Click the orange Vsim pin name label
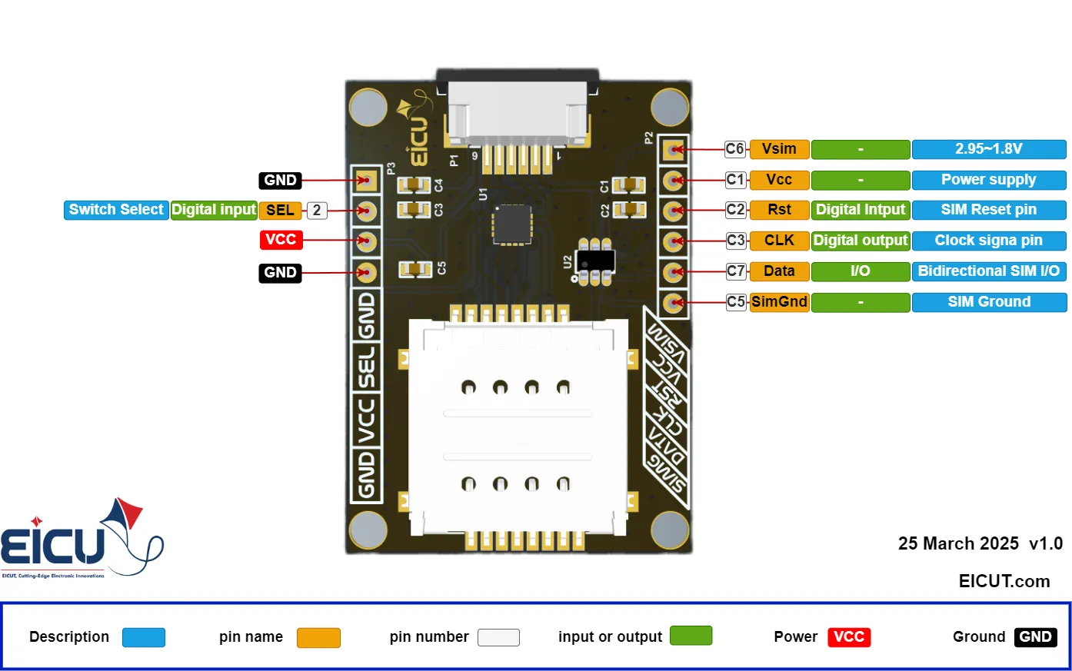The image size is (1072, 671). click(x=779, y=149)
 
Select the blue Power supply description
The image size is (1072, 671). click(x=989, y=180)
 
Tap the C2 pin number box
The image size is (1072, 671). click(x=736, y=210)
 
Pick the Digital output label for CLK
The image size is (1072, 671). click(x=861, y=241)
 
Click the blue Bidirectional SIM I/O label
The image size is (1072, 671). click(x=989, y=271)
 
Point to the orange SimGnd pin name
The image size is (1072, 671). click(x=779, y=302)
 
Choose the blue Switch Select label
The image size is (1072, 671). click(x=116, y=210)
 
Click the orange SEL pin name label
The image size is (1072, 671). click(x=280, y=211)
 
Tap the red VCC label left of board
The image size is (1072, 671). click(x=281, y=240)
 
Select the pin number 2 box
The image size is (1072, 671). click(x=317, y=211)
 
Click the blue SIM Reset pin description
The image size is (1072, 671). click(x=989, y=210)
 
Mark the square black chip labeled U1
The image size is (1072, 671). click(x=512, y=224)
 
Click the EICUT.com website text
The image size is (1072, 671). click(x=1004, y=581)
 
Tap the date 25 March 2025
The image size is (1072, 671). click(x=958, y=544)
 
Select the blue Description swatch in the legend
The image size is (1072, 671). click(x=144, y=637)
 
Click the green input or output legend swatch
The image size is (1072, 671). click(x=691, y=636)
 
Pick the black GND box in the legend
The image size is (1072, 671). click(x=1035, y=637)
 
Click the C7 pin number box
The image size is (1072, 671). click(x=736, y=271)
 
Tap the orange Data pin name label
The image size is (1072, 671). click(x=779, y=271)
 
